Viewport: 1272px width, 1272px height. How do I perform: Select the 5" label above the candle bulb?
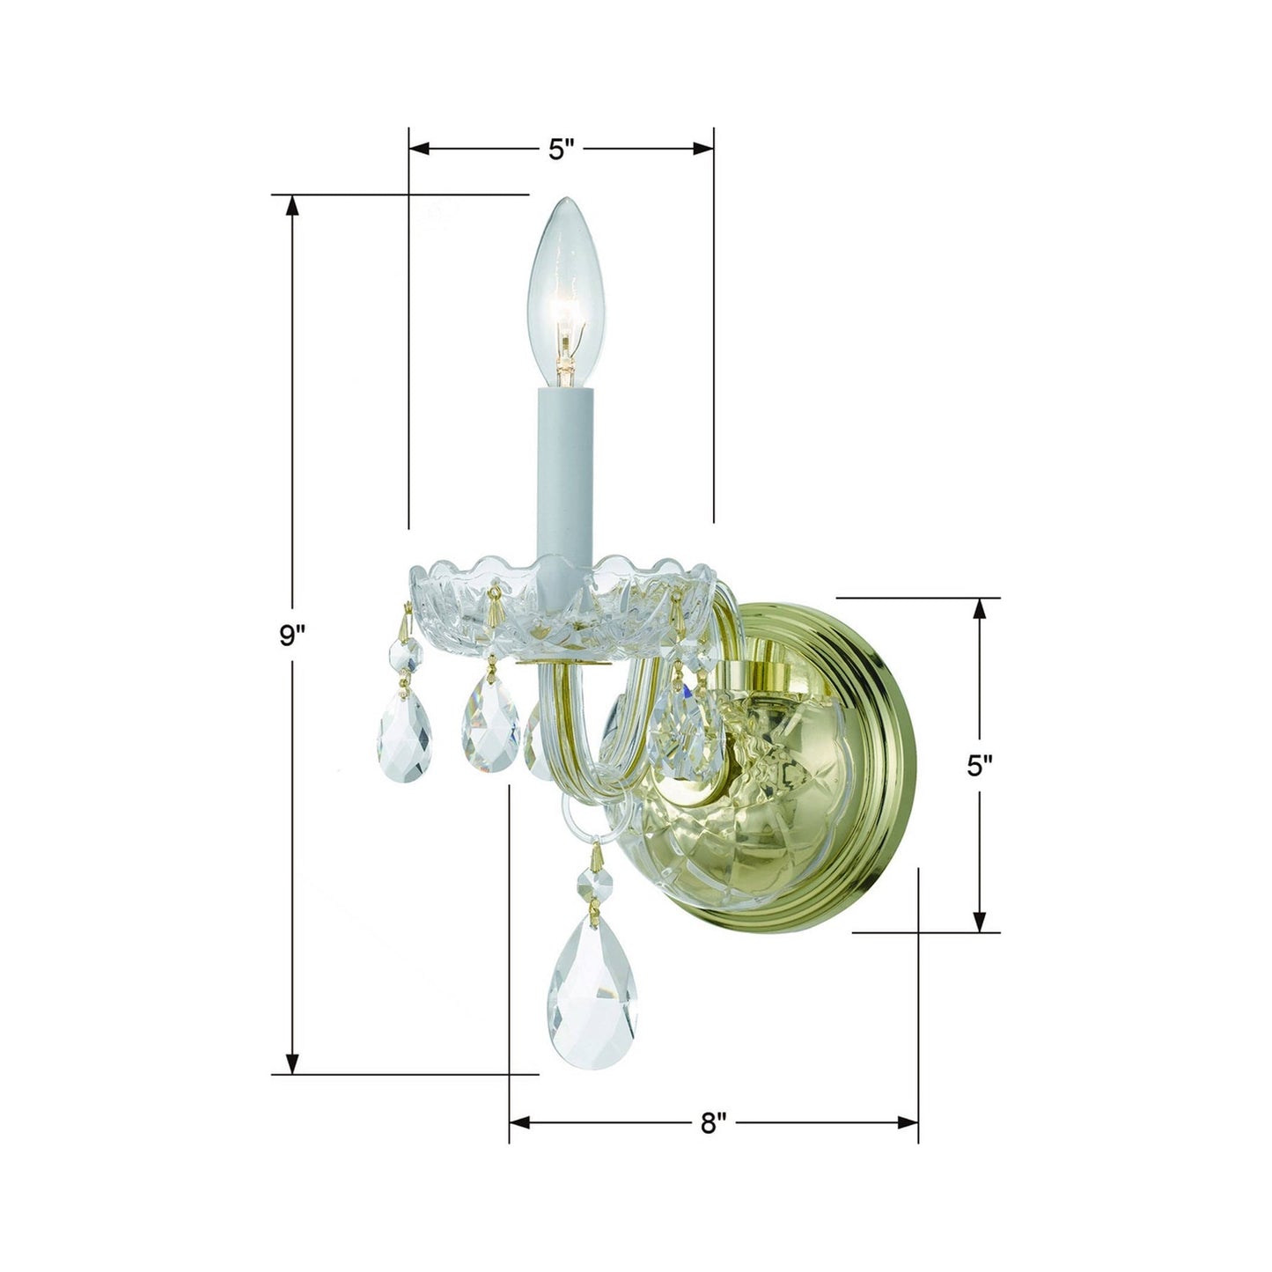coord(561,149)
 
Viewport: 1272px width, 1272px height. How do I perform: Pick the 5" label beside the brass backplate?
coord(979,766)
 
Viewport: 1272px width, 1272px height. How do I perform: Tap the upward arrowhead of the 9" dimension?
coord(292,204)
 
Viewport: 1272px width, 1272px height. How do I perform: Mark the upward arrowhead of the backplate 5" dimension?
coord(979,608)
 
